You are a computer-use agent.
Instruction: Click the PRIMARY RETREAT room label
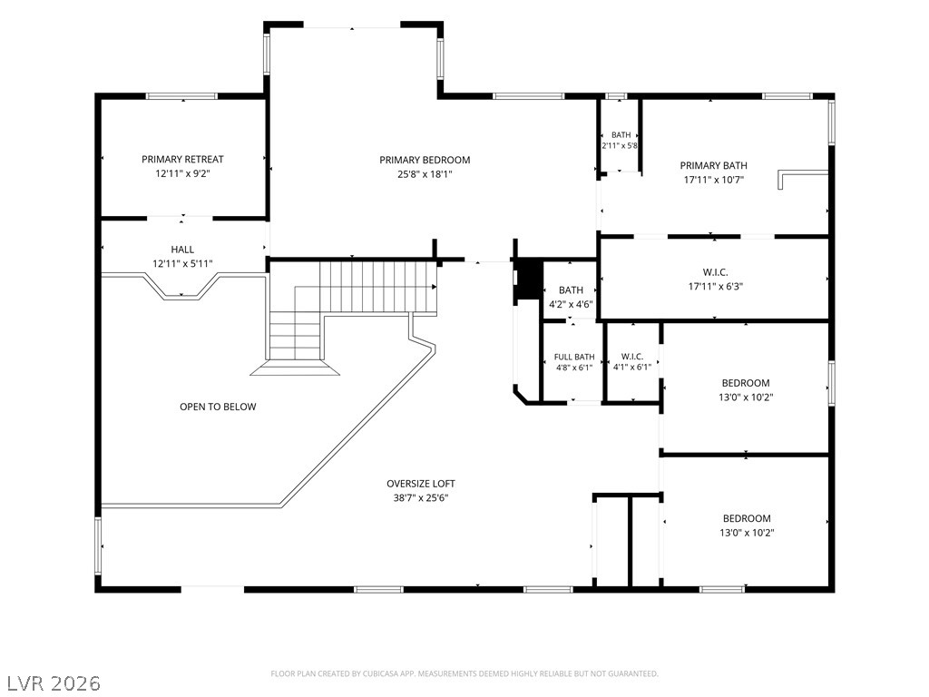[182, 160]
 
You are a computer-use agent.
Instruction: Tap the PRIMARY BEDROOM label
[425, 160]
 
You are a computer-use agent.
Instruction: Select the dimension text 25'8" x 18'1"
[425, 174]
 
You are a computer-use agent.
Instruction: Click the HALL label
[182, 250]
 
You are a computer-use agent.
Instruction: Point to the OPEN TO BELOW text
[218, 407]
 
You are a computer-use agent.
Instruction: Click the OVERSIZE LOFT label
[421, 484]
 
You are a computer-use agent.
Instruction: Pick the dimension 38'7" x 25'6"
[421, 498]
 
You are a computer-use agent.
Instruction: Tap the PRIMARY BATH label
[713, 166]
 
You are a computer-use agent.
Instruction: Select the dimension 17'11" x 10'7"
[713, 180]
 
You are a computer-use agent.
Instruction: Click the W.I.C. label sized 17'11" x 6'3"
[715, 272]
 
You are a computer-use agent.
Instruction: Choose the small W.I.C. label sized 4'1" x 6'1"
[632, 356]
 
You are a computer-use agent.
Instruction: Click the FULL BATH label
[574, 357]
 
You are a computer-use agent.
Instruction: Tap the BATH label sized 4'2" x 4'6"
[571, 290]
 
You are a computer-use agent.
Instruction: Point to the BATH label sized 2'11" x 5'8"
[621, 135]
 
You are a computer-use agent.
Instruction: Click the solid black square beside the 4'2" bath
[529, 280]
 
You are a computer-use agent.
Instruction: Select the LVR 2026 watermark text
[51, 683]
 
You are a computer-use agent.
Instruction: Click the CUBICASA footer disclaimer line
[464, 673]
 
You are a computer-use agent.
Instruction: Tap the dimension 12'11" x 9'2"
[182, 173]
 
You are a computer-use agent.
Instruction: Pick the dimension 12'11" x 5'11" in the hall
[182, 264]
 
